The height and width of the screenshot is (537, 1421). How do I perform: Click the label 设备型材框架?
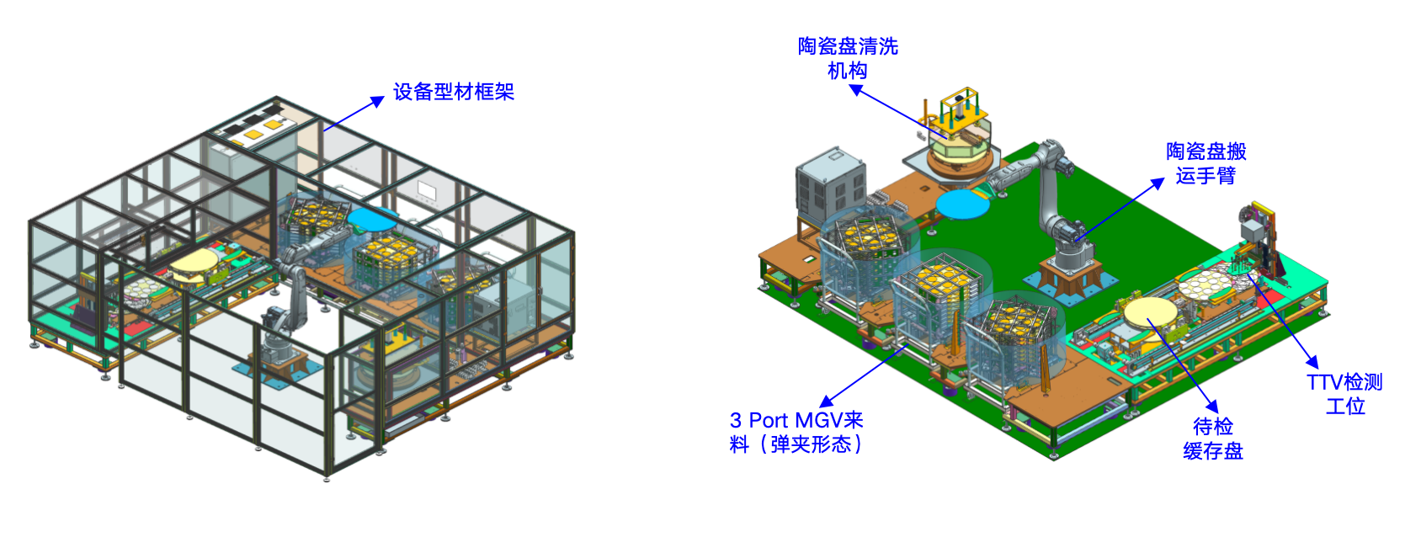(453, 92)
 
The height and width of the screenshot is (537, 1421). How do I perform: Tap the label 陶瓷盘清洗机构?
(848, 58)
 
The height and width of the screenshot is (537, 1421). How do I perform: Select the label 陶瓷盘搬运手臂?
(1205, 163)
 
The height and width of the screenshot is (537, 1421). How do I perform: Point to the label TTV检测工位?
(1344, 394)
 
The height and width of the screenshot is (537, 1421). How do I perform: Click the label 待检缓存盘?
(1212, 438)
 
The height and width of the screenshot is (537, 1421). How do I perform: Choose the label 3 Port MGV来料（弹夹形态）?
(796, 432)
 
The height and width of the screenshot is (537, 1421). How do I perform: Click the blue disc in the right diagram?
(963, 205)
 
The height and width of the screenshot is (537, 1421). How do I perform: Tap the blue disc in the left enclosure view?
(372, 220)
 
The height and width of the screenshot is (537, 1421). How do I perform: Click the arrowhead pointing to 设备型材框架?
(377, 101)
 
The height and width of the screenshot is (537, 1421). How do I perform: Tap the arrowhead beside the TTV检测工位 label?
(1312, 361)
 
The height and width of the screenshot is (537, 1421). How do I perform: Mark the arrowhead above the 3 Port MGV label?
(827, 401)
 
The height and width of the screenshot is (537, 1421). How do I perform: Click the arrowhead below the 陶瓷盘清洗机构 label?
(856, 90)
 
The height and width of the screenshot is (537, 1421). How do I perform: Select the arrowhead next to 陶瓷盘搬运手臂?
(1158, 183)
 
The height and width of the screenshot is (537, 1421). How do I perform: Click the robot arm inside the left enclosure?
(289, 298)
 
